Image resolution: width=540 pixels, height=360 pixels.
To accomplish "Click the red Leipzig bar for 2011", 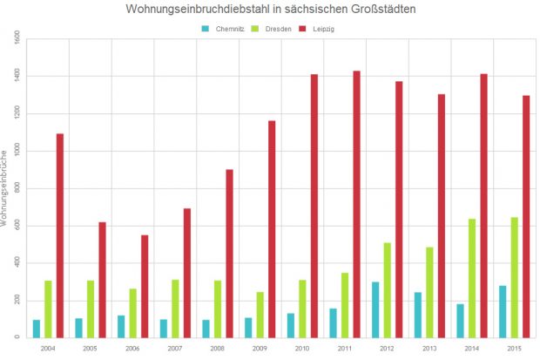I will pos(356,204).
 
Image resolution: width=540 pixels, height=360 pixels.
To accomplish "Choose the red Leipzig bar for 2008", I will pos(229,253).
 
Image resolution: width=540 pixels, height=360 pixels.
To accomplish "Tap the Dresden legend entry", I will pos(272,29).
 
